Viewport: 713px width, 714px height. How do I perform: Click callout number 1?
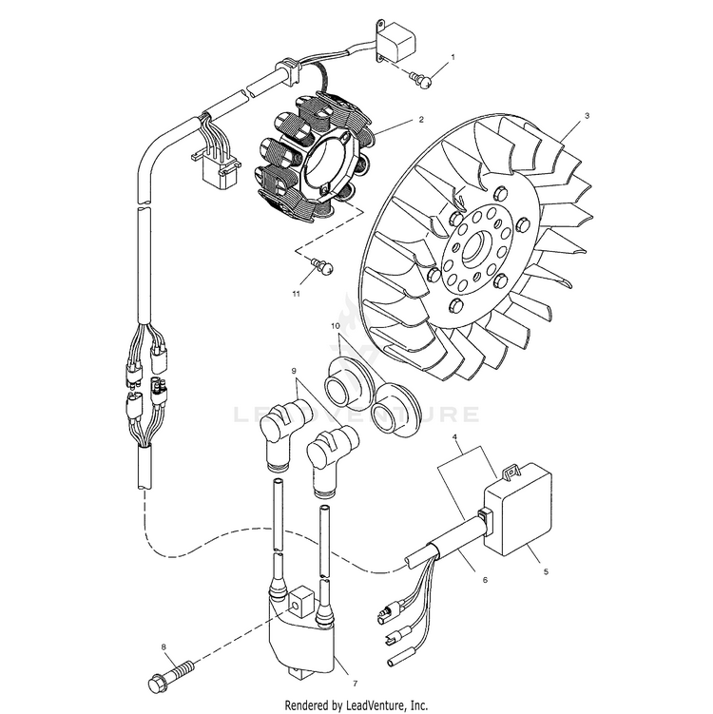click(x=453, y=57)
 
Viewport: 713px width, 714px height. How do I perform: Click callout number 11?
click(x=296, y=296)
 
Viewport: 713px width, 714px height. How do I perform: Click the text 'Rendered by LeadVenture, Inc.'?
click(x=356, y=704)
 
